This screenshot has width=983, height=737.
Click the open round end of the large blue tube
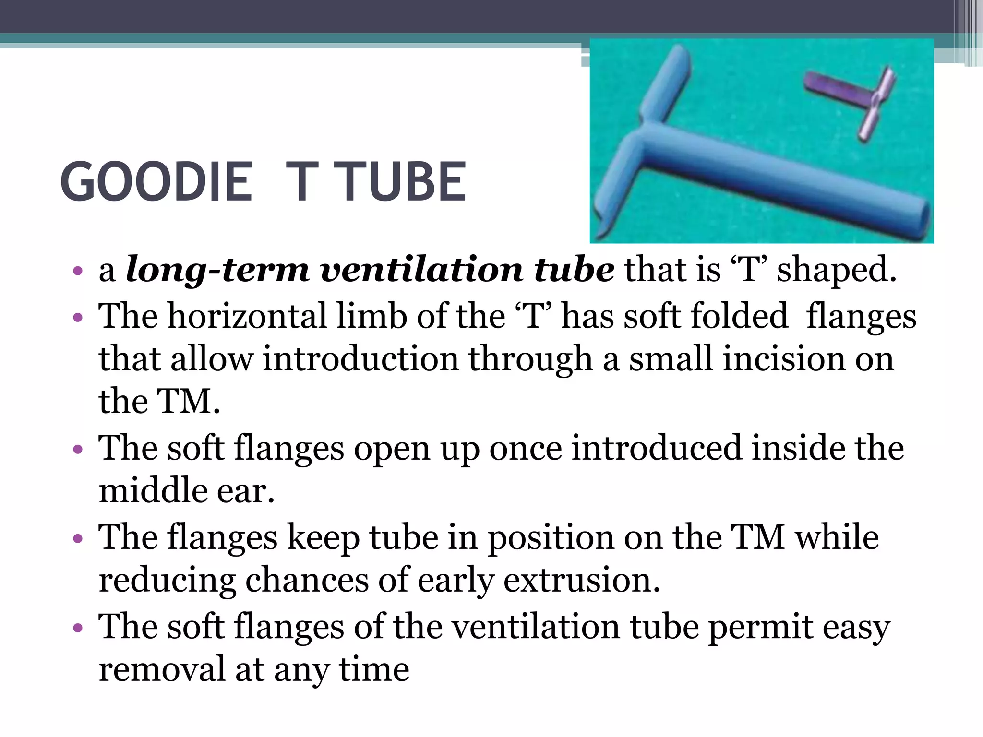tap(919, 223)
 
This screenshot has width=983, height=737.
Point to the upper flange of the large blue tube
tap(667, 84)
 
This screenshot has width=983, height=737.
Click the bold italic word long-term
tap(217, 270)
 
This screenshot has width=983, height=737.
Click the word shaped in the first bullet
tap(836, 270)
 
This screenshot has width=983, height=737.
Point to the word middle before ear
tap(152, 491)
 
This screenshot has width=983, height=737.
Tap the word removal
tap(162, 669)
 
